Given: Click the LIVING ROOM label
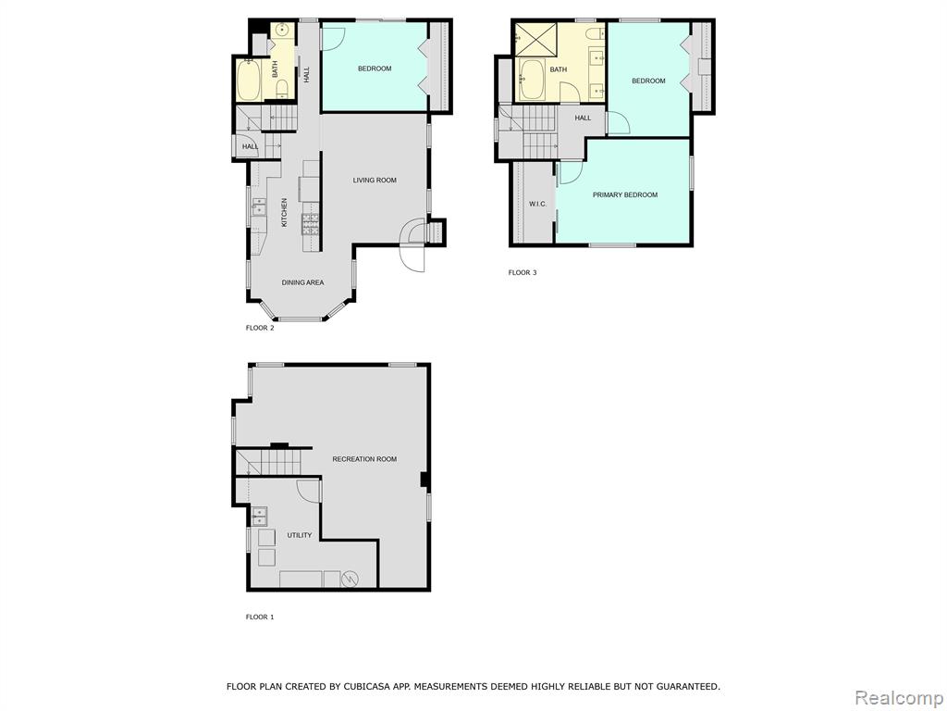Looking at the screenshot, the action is pos(375,181).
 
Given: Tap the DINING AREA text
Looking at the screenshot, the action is pos(302,282).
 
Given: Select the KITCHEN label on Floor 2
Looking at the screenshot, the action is pos(285,212).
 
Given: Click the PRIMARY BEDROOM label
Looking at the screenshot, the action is pos(625,194).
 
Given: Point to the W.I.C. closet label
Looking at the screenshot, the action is pos(537,204).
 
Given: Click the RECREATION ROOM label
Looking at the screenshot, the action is pos(364,459).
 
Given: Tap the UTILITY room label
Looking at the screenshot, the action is pos(300,535).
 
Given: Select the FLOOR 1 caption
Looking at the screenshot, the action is pos(260,617).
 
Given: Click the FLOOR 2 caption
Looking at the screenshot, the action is pos(260,329).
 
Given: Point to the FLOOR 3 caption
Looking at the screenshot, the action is pos(523,273).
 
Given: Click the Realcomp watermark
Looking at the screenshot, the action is pos(898,698).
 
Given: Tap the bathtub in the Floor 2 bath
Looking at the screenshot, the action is pos(248,80).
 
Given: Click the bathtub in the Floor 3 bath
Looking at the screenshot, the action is pos(532,80).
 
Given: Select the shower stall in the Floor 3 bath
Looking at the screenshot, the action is pos(535,39).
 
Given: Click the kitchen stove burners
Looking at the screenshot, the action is pos(311,224).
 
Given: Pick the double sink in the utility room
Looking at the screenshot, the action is pos(260,516).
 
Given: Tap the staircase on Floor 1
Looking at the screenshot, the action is pos(267,462).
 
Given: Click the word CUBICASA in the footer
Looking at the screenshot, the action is pos(366,686).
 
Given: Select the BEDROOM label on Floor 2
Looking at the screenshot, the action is pos(375,69).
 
